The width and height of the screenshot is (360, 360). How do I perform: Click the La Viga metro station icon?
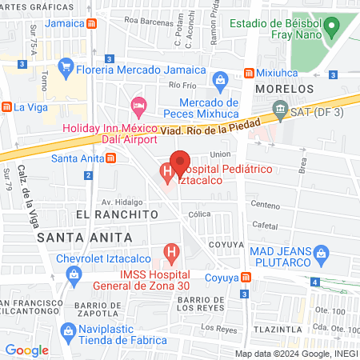coord(6,106)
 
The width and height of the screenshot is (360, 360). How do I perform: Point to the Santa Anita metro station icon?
coord(110,157)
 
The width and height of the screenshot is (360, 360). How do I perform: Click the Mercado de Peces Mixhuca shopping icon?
coord(222,78)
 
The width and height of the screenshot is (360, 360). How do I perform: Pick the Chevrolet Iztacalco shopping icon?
coord(73,274)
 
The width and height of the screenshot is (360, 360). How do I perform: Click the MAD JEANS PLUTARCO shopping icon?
coord(322,256)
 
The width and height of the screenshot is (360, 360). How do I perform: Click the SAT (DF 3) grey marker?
coord(280,107)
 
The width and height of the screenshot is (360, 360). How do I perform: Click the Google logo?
coord(27,350)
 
